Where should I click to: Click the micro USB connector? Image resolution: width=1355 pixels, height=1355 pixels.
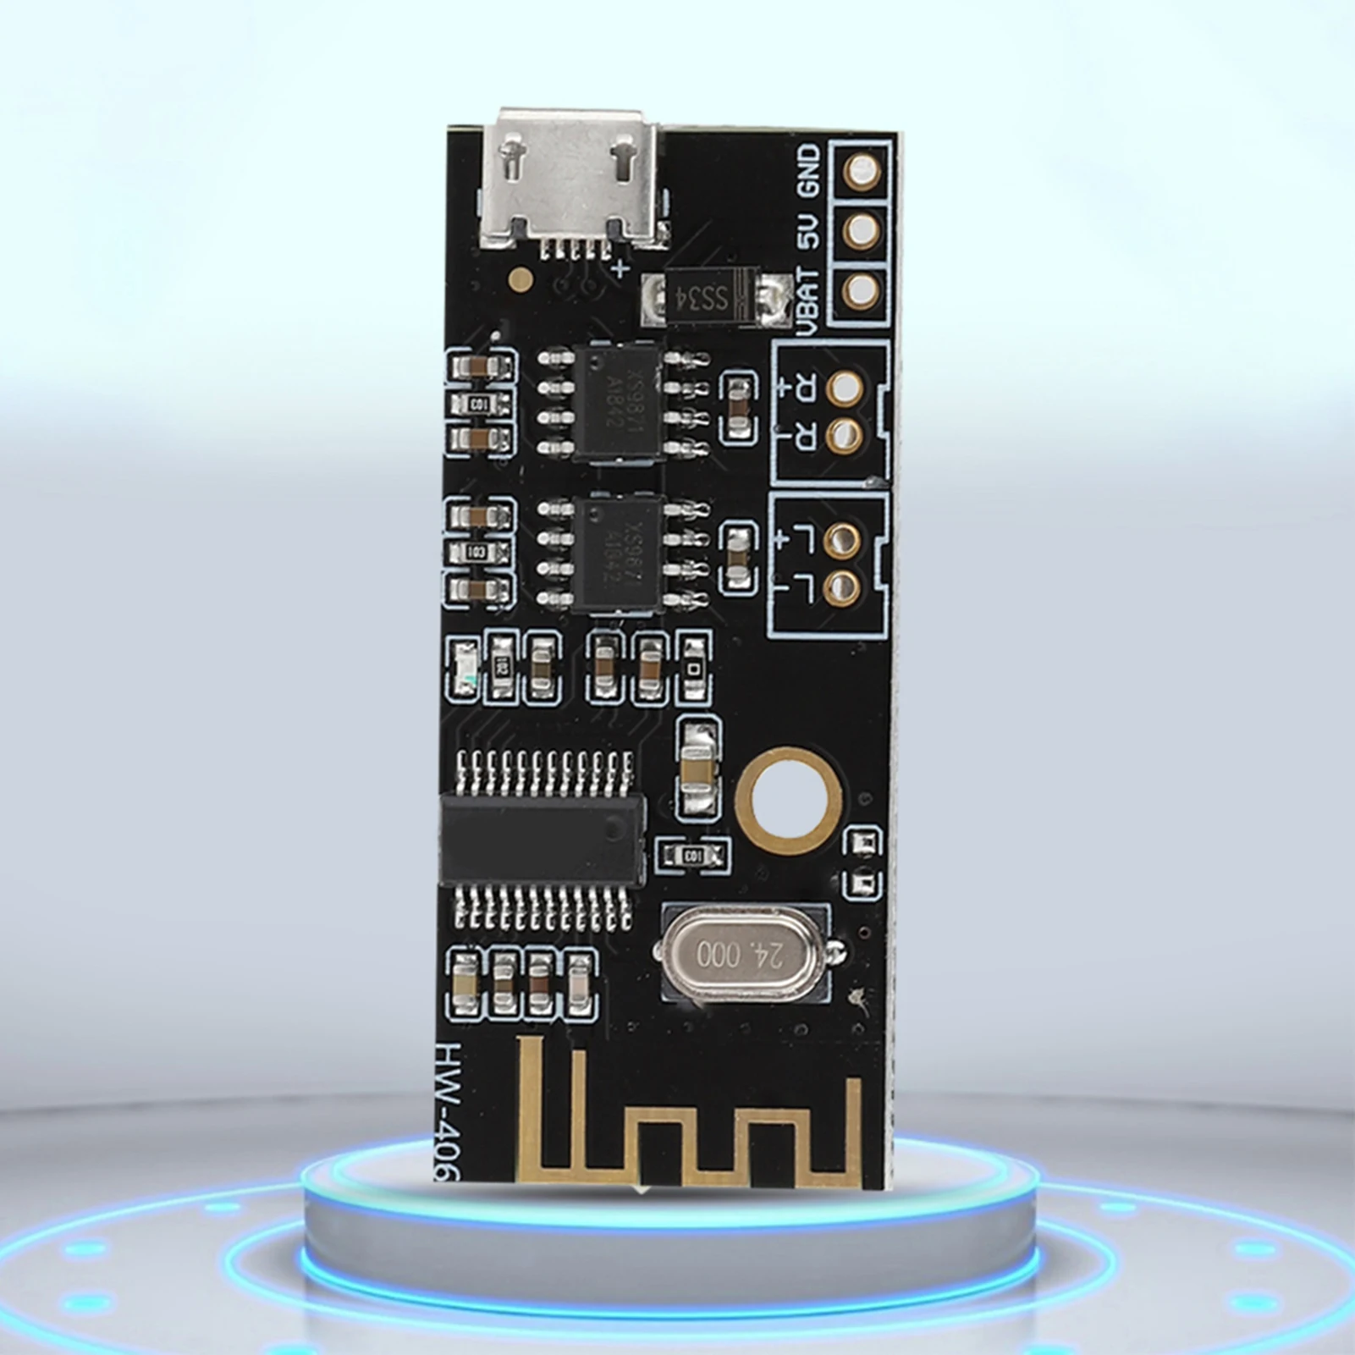coord(572,180)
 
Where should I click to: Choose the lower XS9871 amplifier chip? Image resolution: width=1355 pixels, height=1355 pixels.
coord(617,554)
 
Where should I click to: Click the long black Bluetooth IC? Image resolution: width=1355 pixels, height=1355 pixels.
coord(542,840)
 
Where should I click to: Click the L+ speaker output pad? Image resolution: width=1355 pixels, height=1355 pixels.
coord(841,538)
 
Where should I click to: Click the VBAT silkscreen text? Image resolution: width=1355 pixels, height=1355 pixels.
coord(809,300)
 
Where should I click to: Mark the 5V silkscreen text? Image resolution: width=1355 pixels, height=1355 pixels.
coord(809,230)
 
